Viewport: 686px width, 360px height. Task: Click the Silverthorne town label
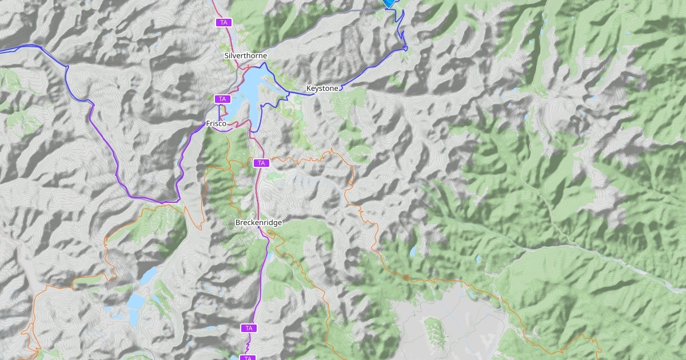246,56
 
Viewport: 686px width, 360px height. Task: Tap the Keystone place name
322,89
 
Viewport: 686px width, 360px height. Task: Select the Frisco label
217,123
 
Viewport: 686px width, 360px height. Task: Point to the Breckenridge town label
258,222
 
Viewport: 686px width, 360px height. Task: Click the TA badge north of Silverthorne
224,22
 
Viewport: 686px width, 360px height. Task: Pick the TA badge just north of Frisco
222,99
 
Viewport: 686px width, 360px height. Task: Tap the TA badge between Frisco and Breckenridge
261,163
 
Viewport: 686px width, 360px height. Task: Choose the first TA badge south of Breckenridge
248,328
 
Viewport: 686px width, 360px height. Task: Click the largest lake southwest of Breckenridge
137,301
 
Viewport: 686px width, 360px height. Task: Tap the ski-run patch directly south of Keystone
343,106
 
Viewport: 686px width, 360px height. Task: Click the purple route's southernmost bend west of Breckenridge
163,202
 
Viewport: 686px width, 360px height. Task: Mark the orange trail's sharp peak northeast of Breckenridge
330,150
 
